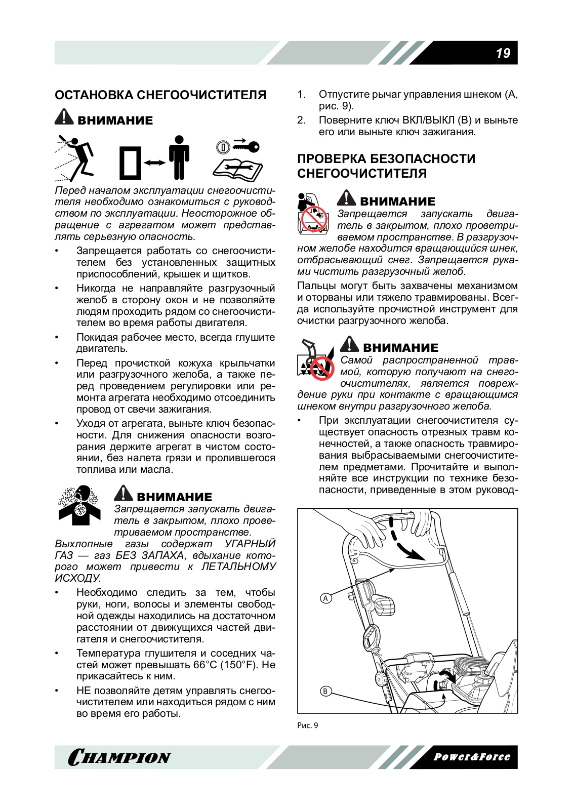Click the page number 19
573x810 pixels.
(503, 53)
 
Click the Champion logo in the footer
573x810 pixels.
(119, 757)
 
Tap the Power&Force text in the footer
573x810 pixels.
(472, 757)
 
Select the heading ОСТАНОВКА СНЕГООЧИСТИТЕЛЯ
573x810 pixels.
(160, 95)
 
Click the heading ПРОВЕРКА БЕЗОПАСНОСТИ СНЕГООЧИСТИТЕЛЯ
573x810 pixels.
(386, 166)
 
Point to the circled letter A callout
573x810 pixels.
(326, 598)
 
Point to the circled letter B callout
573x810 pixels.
(325, 691)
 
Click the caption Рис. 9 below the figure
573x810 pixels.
(308, 725)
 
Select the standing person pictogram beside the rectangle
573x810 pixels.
(179, 157)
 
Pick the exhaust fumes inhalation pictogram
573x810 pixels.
(79, 505)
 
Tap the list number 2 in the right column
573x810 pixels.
(302, 120)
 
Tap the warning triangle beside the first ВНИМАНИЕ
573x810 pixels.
(64, 117)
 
